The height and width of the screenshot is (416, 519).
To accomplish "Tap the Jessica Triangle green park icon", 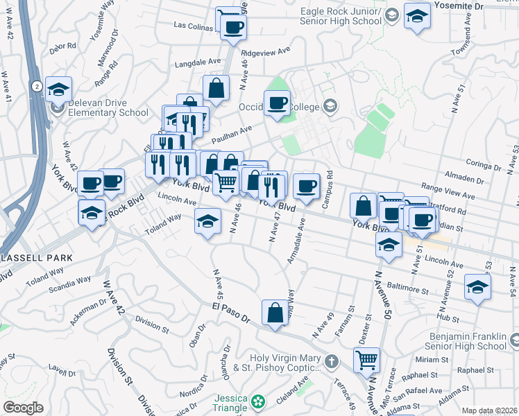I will [x=259, y=401].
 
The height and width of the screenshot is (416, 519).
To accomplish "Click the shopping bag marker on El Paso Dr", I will [x=275, y=312].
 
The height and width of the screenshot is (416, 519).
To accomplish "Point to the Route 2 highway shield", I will [x=35, y=85].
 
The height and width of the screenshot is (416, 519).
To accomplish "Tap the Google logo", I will [x=23, y=408].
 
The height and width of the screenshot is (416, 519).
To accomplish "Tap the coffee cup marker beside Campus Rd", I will [x=306, y=186].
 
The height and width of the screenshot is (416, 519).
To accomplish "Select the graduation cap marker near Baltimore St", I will [x=477, y=288].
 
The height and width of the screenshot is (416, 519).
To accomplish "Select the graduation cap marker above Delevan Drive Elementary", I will [x=58, y=89].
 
